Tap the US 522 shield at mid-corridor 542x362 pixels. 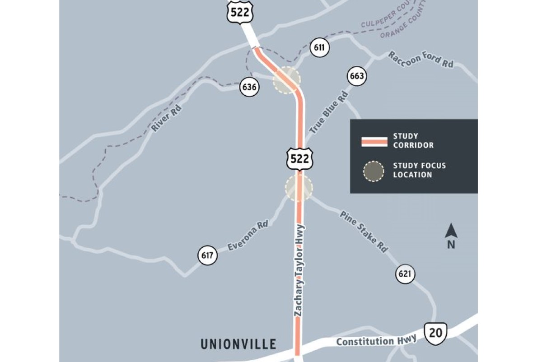(299, 158)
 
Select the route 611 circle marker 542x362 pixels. (319, 48)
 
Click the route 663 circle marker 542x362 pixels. (356, 76)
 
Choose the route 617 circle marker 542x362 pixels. (207, 256)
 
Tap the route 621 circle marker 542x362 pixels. (406, 274)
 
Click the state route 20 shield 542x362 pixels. (436, 333)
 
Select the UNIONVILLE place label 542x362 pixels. (238, 344)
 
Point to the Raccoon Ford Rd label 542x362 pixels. (421, 60)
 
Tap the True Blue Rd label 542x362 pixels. (329, 112)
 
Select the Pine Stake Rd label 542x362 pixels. (364, 232)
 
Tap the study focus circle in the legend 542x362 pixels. (374, 171)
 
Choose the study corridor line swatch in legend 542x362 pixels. (374, 141)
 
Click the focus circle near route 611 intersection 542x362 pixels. (286, 80)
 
